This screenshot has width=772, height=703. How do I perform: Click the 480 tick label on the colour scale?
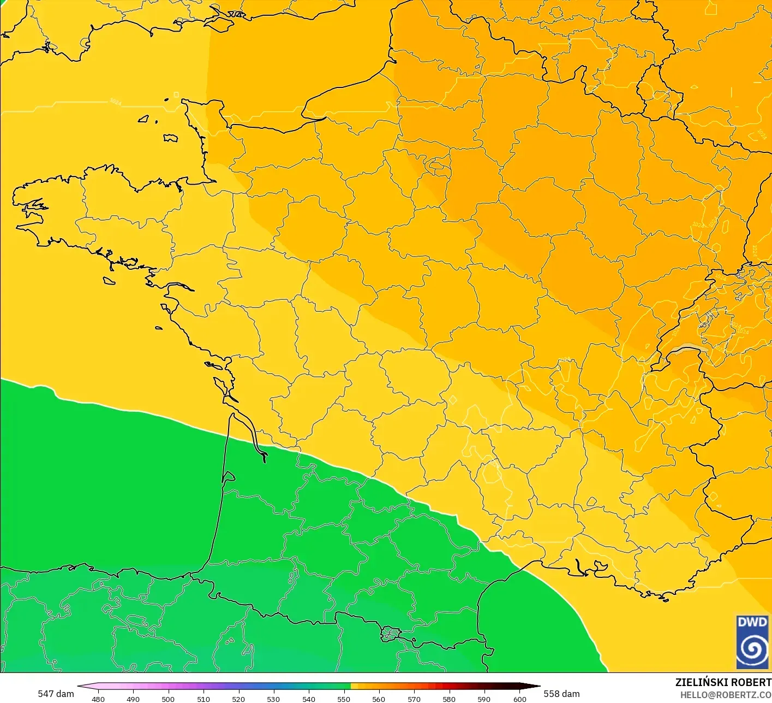pyautogui.click(x=98, y=699)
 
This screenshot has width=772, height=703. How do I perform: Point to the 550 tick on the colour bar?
pyautogui.click(x=344, y=699)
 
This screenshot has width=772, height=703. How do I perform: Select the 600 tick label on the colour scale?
pyautogui.click(x=520, y=699)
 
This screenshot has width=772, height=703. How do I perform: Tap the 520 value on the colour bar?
pyautogui.click(x=238, y=699)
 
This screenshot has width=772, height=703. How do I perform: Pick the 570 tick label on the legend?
pyautogui.click(x=414, y=699)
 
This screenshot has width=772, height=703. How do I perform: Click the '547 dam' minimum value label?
pyautogui.click(x=56, y=694)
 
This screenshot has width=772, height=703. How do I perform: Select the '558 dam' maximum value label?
pyautogui.click(x=561, y=694)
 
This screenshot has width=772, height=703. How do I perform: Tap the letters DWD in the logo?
pyautogui.click(x=752, y=622)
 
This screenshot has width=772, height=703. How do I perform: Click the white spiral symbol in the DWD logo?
pyautogui.click(x=752, y=649)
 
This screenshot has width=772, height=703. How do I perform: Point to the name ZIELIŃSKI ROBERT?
pyautogui.click(x=723, y=682)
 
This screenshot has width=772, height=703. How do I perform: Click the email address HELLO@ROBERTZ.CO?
pyautogui.click(x=726, y=694)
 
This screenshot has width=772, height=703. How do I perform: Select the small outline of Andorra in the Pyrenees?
pyautogui.click(x=390, y=634)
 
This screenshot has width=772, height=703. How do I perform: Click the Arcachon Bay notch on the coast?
pyautogui.click(x=228, y=477)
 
